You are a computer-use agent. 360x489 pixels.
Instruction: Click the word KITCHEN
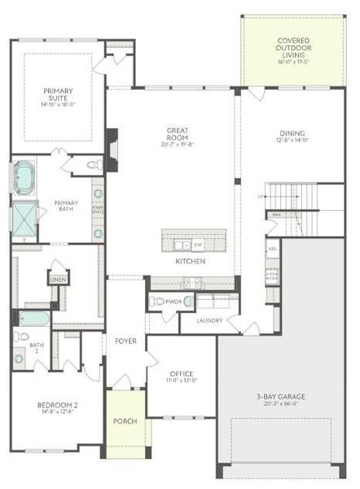point(189,262)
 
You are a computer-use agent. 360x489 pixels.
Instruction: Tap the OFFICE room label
point(182,374)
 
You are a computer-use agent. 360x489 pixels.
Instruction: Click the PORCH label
point(125,421)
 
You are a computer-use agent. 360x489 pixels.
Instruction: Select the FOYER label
point(125,340)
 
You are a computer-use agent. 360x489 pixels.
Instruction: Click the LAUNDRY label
point(209,320)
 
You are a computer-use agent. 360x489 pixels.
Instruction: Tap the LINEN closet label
point(58,280)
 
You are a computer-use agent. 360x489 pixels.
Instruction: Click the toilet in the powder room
point(189,302)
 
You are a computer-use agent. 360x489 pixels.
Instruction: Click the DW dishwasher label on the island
point(198,244)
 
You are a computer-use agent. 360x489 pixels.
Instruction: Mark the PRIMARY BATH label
point(66,205)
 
